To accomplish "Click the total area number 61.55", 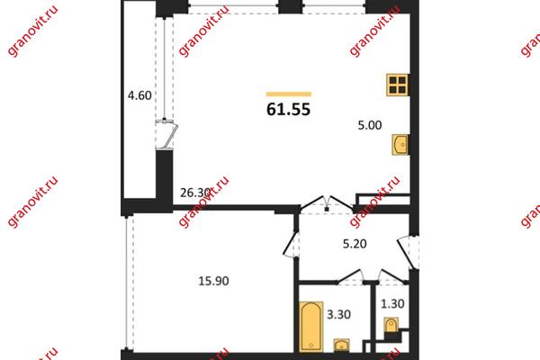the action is point(289,109).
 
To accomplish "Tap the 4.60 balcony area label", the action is point(139,95).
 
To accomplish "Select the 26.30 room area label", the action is point(195,193).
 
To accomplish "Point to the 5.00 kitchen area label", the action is point(370,125).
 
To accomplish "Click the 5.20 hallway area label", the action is point(355,244).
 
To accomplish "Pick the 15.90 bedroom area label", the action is point(213,281).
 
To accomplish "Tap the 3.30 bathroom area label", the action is point(338,314).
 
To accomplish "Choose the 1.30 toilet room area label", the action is point(392,304).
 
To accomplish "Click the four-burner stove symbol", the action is point(398,85).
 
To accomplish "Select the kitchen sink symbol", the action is point(400,145).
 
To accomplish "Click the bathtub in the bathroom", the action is point(311,327).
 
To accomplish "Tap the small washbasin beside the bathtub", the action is point(341,346).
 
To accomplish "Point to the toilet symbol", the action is point(391,326).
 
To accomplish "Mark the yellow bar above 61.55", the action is point(289,94).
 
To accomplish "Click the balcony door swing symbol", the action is point(166,134).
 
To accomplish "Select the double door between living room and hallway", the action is point(327,203).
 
